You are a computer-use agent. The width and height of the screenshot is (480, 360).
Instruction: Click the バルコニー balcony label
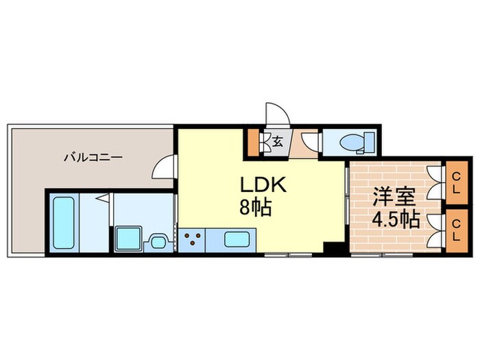[93, 157]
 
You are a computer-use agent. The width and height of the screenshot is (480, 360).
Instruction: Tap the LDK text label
[256, 185]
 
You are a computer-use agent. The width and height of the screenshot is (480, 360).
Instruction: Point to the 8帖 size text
[255, 206]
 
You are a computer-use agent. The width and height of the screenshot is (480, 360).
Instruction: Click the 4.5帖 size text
[395, 220]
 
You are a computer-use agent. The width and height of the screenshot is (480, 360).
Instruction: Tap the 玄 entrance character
[278, 143]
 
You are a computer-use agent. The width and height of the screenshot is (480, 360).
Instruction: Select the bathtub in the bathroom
[63, 222]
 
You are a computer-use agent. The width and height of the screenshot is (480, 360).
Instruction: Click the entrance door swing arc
[274, 112]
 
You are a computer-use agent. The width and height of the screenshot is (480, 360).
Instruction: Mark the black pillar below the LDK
[333, 250]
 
